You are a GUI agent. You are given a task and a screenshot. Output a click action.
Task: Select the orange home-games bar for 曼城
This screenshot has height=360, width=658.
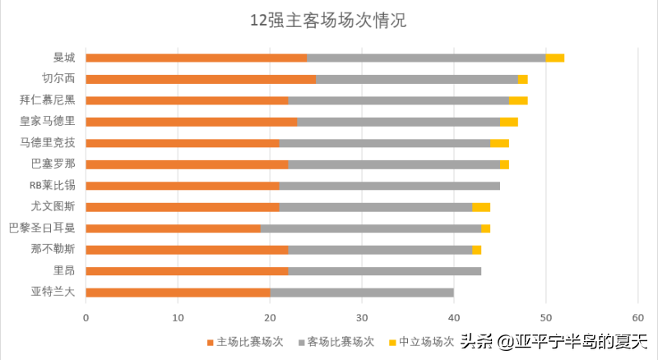pyautogui.click(x=197, y=58)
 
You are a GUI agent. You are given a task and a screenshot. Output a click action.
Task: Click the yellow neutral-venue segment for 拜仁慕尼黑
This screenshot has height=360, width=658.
pyautogui.click(x=518, y=100)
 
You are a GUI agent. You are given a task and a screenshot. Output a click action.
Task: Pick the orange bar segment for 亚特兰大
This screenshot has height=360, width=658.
pyautogui.click(x=178, y=292)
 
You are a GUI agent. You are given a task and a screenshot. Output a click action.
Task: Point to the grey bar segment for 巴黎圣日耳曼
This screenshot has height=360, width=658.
pyautogui.click(x=371, y=228)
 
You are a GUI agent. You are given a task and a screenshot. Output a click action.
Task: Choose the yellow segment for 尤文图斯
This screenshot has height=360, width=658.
pyautogui.click(x=481, y=206)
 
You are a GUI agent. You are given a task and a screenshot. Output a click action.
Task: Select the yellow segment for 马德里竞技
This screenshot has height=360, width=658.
pyautogui.click(x=499, y=143)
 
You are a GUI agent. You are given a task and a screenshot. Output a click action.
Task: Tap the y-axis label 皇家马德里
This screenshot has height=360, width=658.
pyautogui.click(x=48, y=121)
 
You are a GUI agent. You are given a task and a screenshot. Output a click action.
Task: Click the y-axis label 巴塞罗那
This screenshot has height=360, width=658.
pyautogui.click(x=53, y=164)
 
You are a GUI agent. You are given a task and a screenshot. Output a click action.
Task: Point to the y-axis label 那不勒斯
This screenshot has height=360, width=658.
pyautogui.click(x=53, y=249)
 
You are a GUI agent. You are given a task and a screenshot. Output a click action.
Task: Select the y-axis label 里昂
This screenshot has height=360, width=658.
pyautogui.click(x=64, y=270)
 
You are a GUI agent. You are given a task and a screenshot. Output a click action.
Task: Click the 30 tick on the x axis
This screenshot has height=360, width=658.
pyautogui.click(x=362, y=316)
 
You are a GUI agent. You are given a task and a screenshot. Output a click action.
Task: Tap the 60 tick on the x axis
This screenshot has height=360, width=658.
pyautogui.click(x=637, y=316)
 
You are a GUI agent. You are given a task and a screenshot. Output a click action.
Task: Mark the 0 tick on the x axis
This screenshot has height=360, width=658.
pyautogui.click(x=86, y=316)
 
